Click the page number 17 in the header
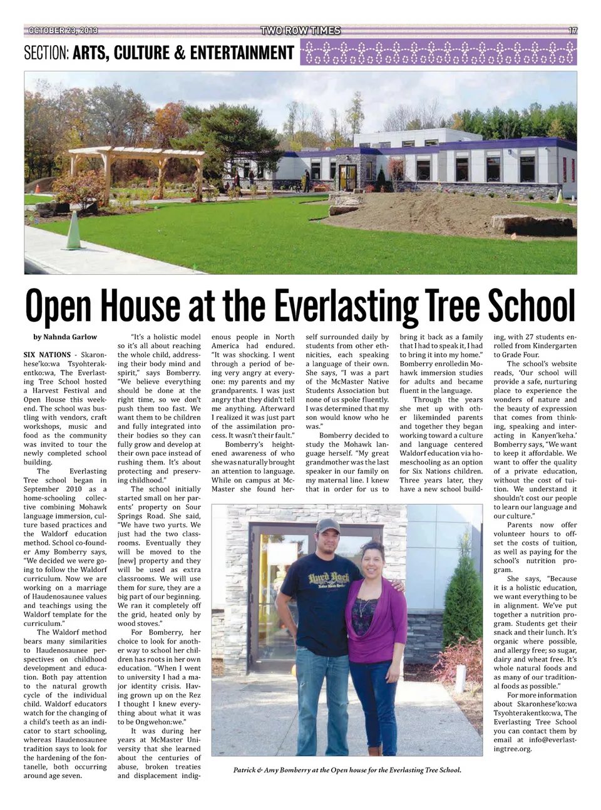click(x=572, y=30)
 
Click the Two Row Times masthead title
click(x=300, y=30)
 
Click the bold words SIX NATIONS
click(x=47, y=354)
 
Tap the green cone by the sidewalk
click(x=73, y=231)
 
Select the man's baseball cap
click(x=327, y=525)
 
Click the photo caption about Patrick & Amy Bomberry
click(x=347, y=770)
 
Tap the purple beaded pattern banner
click(x=438, y=53)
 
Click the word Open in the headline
click(x=60, y=306)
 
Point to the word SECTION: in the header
click(x=46, y=53)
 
